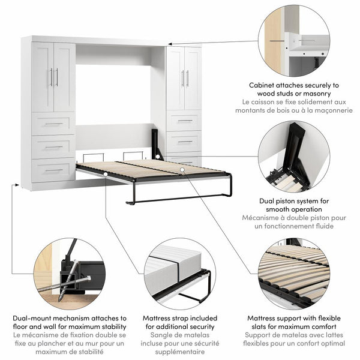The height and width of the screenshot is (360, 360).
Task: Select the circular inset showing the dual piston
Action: [295, 157]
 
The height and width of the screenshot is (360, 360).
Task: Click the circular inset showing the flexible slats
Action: [295, 274]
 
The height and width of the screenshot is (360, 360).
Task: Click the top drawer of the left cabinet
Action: [53, 124]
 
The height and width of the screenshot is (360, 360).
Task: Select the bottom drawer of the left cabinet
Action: [53, 170]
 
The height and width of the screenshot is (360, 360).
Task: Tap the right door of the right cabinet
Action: [193, 78]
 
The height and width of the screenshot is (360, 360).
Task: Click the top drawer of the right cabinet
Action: [184, 121]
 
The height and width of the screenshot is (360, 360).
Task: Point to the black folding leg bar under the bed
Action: [180, 199]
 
